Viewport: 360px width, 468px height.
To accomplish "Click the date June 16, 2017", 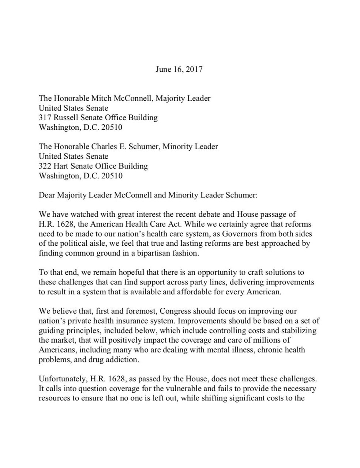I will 179,69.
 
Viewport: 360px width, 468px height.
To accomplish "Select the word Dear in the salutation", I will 46,195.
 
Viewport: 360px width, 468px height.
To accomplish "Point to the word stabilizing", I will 299,331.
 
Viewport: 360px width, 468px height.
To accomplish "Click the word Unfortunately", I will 61,379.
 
